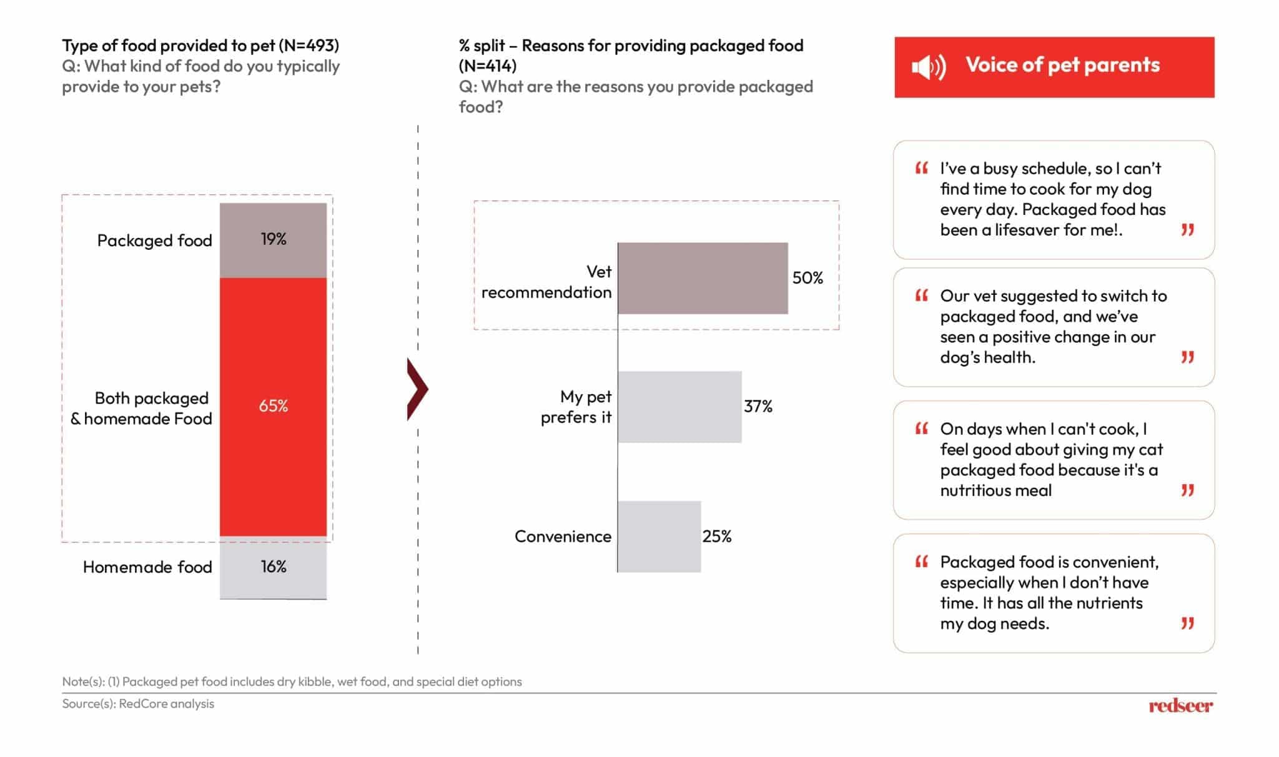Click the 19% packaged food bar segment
pos(273,240)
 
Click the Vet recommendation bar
pos(703,278)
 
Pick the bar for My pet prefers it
pos(679,407)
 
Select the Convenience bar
pos(659,537)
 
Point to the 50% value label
pos(807,278)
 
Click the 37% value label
pos(758,407)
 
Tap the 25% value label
pos(717,537)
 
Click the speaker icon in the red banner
pos(929,67)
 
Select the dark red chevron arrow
pos(417,389)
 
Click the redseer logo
pos(1180,706)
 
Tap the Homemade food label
pos(147,567)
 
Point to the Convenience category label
pos(563,537)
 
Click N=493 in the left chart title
pos(309,46)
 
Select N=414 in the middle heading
pos(488,66)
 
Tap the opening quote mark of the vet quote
pos(921,295)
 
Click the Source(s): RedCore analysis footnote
pos(138,704)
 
